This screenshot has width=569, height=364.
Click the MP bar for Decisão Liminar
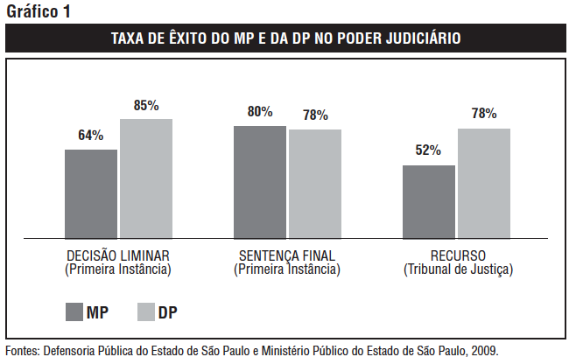(x=91, y=193)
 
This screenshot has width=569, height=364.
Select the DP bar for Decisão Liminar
(x=146, y=178)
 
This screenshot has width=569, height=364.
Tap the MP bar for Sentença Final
(x=260, y=182)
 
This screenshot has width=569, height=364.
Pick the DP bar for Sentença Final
(x=315, y=184)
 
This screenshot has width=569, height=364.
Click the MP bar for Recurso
(x=429, y=202)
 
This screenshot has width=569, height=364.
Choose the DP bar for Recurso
(x=484, y=184)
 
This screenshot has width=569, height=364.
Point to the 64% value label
(x=91, y=136)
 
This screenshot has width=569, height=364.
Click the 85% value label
(x=146, y=105)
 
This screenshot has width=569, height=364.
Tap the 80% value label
(x=260, y=112)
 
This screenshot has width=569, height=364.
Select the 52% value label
(x=428, y=150)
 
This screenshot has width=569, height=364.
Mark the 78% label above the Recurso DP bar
(x=484, y=114)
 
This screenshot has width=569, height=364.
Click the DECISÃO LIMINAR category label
(x=118, y=256)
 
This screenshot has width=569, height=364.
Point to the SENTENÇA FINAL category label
(x=287, y=256)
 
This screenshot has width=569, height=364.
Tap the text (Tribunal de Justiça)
(x=458, y=269)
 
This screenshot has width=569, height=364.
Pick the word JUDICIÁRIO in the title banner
(x=418, y=39)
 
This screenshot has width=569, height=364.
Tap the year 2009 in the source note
(x=484, y=350)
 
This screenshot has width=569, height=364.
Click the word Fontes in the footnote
(x=24, y=350)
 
